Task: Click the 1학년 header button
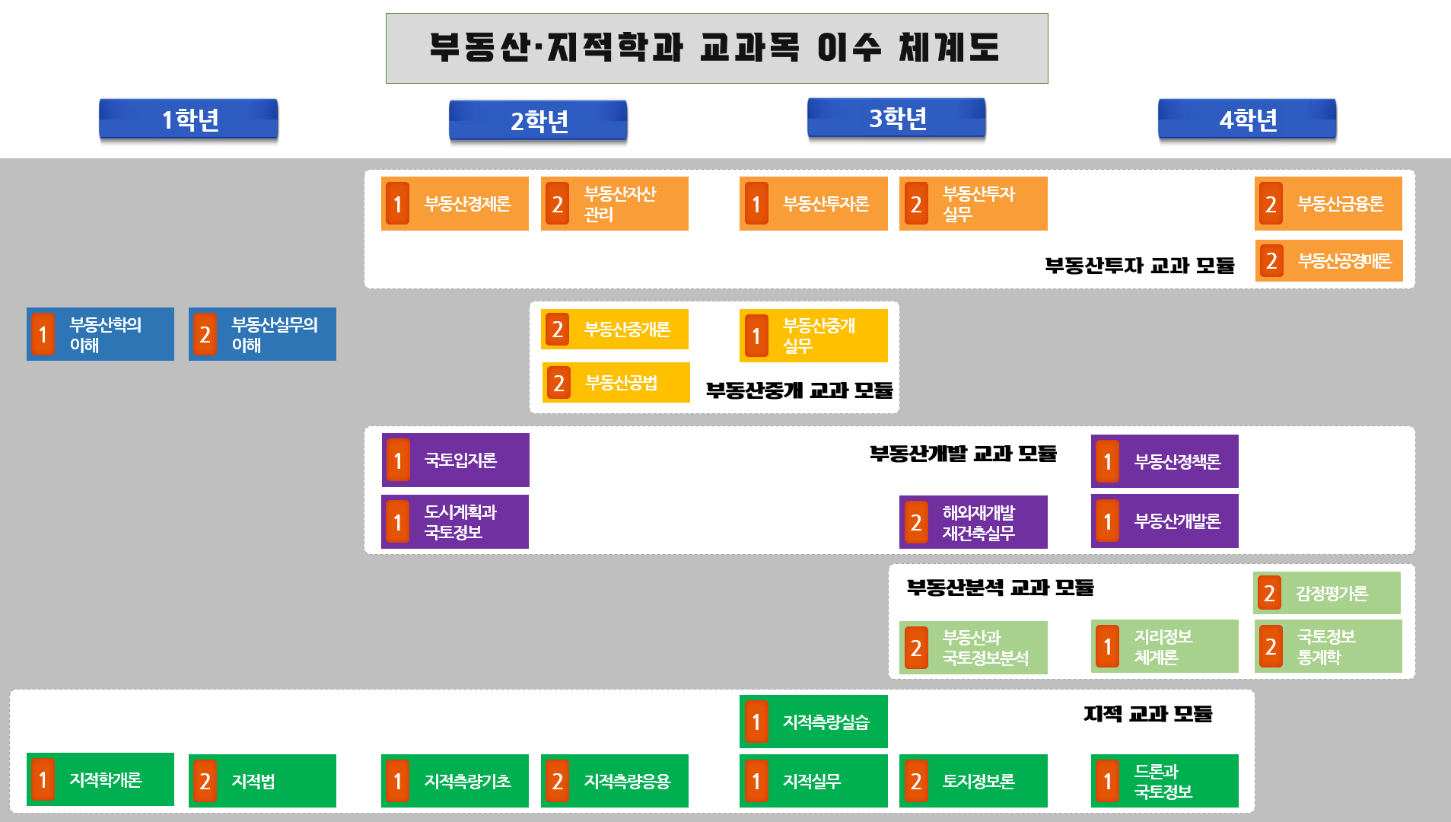189,119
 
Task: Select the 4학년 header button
1247,119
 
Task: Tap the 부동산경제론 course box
455,204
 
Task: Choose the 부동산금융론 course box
1328,204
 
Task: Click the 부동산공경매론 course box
1328,261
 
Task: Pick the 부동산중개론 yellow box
615,330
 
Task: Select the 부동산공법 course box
616,382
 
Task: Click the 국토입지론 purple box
456,460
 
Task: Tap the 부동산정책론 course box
1165,461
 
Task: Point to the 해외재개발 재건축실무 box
973,522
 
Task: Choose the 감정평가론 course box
1327,593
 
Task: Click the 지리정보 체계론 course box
1165,646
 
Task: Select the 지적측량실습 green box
813,722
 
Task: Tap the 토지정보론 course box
973,781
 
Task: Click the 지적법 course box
263,781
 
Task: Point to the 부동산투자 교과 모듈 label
1139,266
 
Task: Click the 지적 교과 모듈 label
1147,714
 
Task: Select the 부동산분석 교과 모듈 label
1000,588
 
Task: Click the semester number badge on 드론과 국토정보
1108,781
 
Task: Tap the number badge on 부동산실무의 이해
205,335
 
